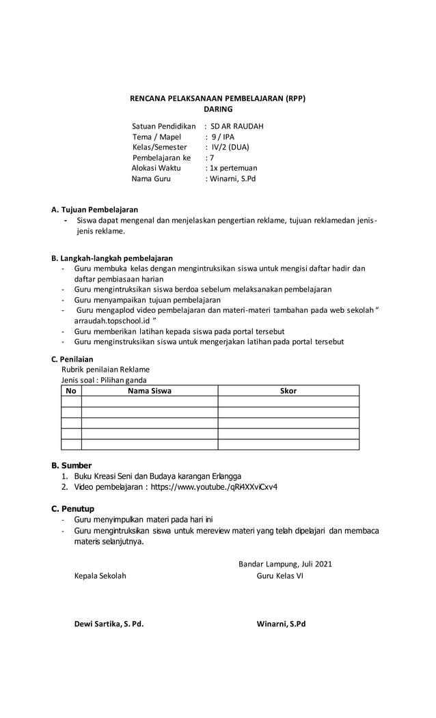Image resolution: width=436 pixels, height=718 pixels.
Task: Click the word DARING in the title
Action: click(218, 109)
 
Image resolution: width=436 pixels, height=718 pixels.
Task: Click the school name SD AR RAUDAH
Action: click(236, 126)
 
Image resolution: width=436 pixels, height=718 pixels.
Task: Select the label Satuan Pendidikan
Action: click(164, 126)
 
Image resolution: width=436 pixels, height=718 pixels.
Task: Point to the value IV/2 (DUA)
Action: click(230, 147)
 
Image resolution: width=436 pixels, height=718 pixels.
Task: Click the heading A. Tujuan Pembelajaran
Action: click(95, 210)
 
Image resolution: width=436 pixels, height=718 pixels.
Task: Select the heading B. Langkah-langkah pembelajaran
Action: click(112, 258)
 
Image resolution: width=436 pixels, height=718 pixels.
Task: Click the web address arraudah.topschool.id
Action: click(113, 320)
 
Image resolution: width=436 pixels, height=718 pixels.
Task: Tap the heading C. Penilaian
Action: click(72, 359)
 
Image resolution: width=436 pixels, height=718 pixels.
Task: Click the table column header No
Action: click(71, 391)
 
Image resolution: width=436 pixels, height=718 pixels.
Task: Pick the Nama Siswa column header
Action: click(150, 391)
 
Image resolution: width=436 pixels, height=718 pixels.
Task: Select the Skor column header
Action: click(288, 391)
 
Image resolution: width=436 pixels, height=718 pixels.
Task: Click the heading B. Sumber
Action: click(72, 465)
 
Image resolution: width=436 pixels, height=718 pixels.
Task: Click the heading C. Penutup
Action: click(73, 509)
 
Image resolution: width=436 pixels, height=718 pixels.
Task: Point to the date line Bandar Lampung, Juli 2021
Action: click(285, 564)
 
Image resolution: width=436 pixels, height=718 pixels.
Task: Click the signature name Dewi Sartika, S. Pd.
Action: click(109, 624)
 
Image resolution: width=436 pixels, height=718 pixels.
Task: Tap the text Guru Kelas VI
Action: click(280, 576)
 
